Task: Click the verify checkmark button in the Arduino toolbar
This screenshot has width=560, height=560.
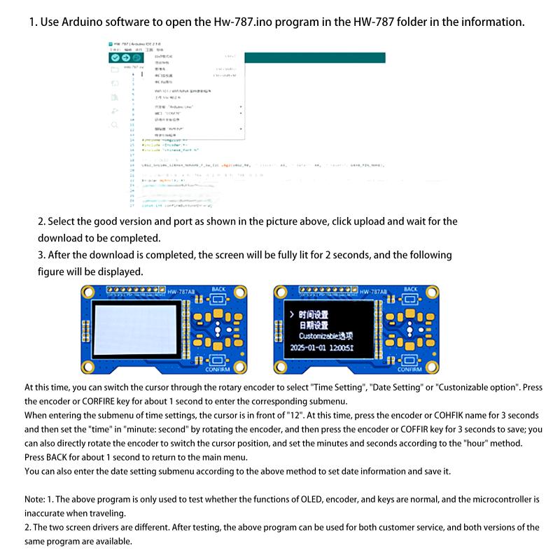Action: pyautogui.click(x=115, y=57)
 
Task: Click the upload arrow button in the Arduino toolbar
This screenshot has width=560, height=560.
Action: pyautogui.click(x=126, y=57)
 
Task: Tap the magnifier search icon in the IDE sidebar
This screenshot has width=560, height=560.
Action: pyautogui.click(x=115, y=125)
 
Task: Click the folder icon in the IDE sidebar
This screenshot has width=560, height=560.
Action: pyautogui.click(x=115, y=69)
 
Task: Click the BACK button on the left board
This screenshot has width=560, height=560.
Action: pyautogui.click(x=218, y=297)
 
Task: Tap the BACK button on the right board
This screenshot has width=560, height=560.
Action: pyautogui.click(x=410, y=297)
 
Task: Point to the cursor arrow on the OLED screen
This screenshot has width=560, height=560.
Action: pyautogui.click(x=290, y=314)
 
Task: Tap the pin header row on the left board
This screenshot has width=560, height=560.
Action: pyautogui.click(x=133, y=289)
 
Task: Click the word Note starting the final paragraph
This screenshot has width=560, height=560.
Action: pyautogui.click(x=36, y=500)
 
